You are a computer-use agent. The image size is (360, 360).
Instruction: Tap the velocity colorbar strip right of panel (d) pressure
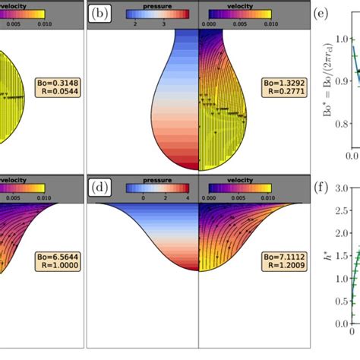click(x=242, y=187)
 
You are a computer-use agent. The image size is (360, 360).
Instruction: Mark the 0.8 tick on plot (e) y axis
click(x=339, y=125)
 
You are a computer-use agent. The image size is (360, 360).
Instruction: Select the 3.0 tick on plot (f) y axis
click(x=339, y=187)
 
